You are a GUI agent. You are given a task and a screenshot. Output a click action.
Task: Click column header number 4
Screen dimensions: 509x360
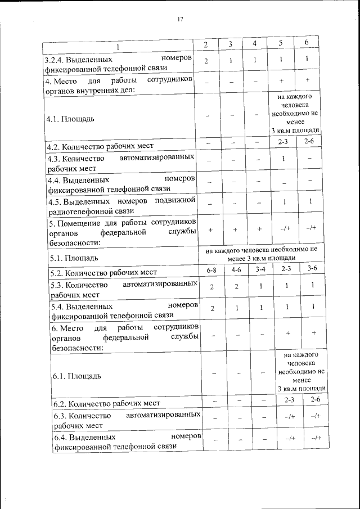(x=254, y=44)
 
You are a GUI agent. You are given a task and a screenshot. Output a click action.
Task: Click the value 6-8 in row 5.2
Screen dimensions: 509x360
(x=211, y=270)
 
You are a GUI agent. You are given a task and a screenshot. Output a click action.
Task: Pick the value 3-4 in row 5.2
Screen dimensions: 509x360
(x=260, y=270)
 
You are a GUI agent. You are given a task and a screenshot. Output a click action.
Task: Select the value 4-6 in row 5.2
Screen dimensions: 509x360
(x=236, y=270)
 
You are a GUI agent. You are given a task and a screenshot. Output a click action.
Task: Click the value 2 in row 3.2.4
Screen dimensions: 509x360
(x=206, y=61)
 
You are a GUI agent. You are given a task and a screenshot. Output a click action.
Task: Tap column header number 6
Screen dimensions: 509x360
(x=307, y=43)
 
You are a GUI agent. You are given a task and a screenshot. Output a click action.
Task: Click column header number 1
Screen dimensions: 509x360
(x=118, y=45)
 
